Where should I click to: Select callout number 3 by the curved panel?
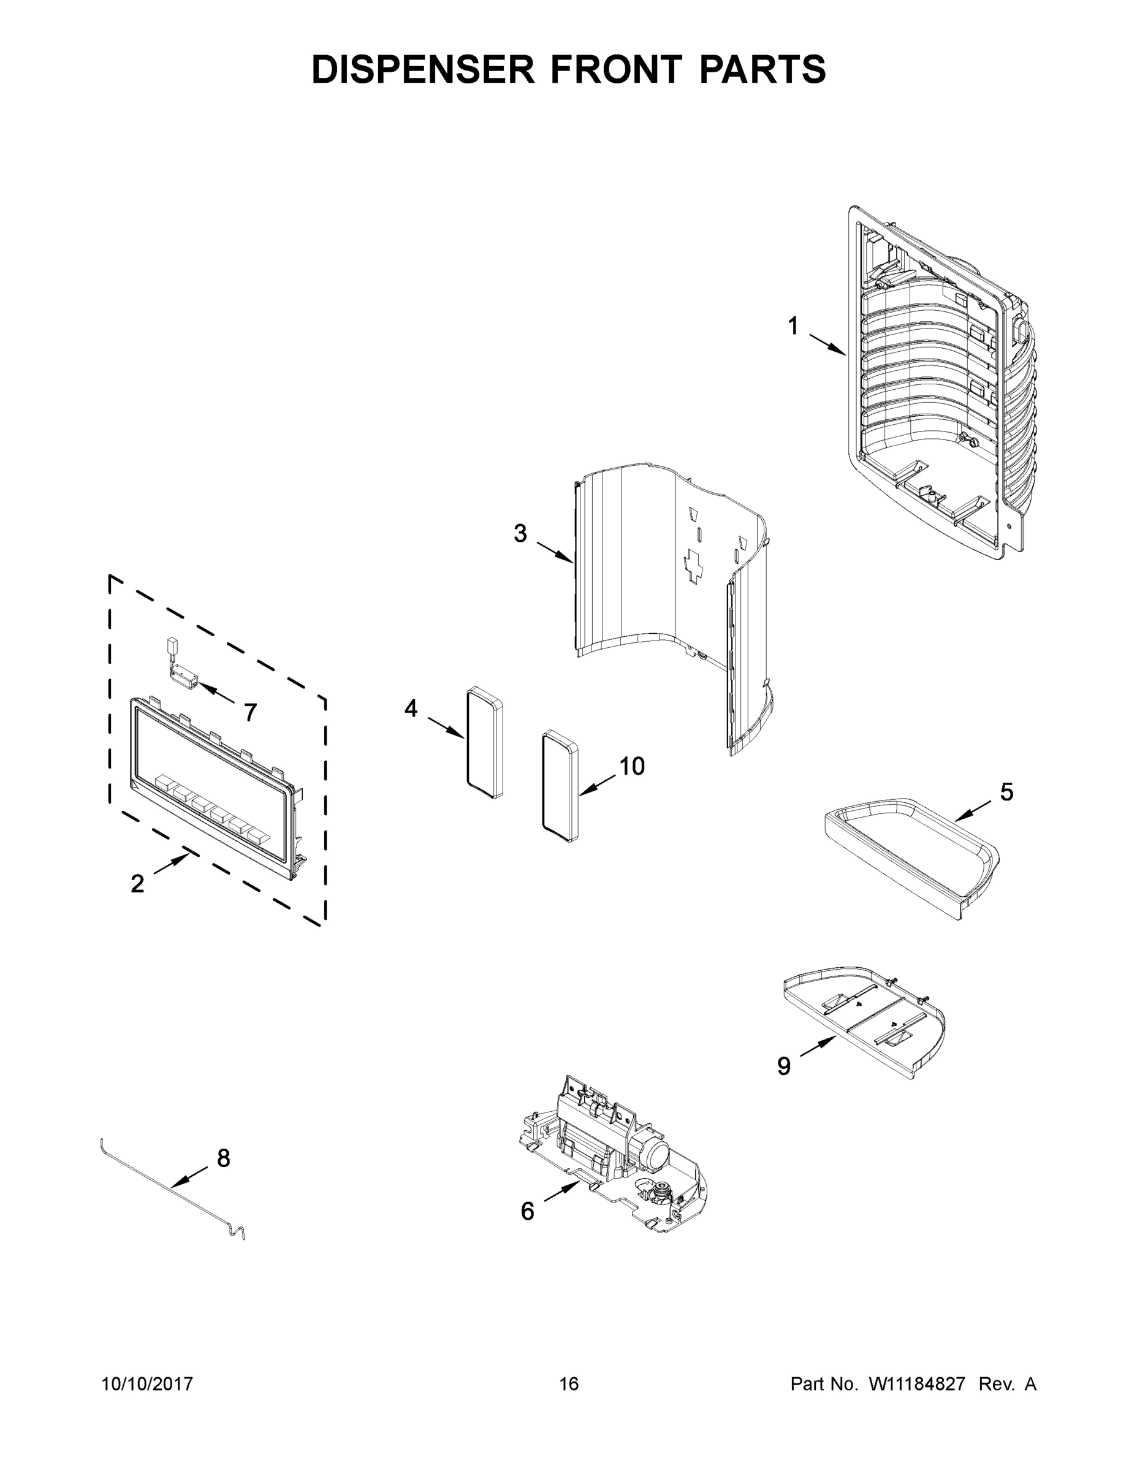point(520,533)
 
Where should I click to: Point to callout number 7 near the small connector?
point(250,713)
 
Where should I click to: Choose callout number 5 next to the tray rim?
point(1006,792)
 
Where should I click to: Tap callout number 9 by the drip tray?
point(783,1066)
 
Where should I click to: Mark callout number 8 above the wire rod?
point(224,1158)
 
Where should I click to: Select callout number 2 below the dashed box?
point(137,884)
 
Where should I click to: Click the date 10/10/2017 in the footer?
point(147,1384)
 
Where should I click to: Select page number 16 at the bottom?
point(569,1384)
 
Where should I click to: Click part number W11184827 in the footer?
point(917,1384)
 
